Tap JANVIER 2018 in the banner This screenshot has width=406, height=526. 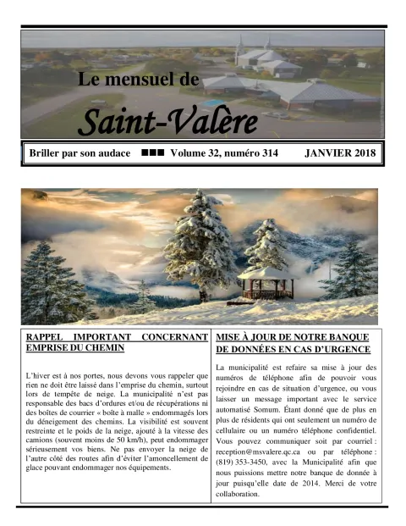[x=341, y=154]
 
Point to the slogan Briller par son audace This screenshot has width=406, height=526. [x=80, y=154]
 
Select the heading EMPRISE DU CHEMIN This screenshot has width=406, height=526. [x=75, y=347]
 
